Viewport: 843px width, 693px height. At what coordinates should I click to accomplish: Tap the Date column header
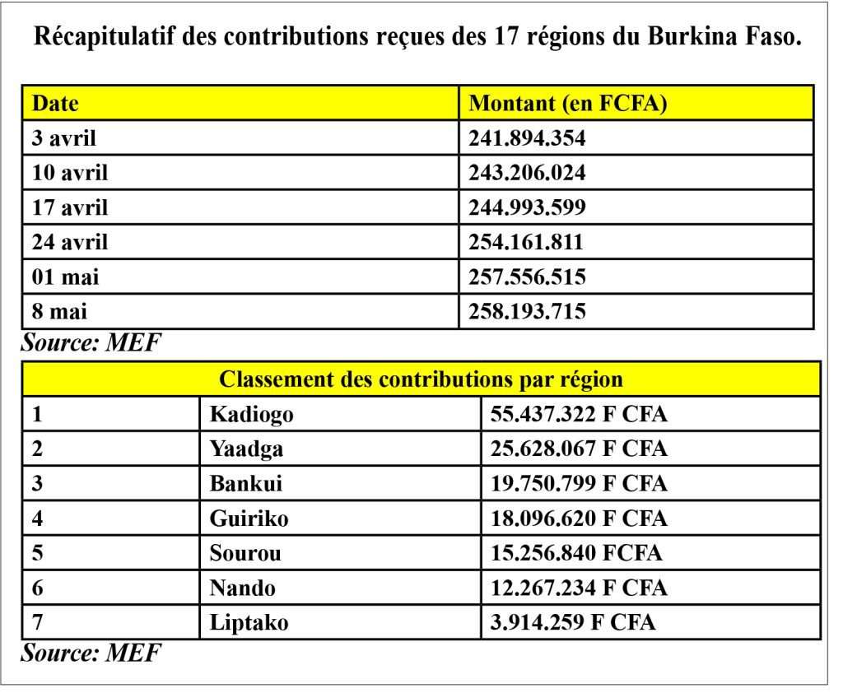tap(55, 103)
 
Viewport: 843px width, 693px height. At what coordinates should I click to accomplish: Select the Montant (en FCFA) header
tap(568, 103)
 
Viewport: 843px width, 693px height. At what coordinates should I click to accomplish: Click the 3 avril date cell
tap(63, 138)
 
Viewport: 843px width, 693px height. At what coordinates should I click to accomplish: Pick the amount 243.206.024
tap(526, 173)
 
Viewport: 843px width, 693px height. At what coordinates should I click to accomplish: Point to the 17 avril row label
tap(69, 207)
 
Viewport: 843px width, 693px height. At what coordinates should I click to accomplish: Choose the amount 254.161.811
tap(526, 242)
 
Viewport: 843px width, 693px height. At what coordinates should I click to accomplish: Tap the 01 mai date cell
tap(65, 277)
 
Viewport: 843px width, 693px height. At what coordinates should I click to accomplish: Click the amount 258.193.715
tap(526, 311)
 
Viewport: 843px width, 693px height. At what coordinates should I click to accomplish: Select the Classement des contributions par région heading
tap(421, 379)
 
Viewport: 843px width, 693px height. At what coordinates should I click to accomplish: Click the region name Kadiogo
tap(252, 415)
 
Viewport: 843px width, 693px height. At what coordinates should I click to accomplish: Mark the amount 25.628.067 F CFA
tap(579, 449)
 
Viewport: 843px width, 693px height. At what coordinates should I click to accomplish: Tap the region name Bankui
tap(245, 483)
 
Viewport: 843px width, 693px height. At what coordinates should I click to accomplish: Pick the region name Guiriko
tap(249, 519)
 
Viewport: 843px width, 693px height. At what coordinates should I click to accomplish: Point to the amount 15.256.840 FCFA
tap(575, 553)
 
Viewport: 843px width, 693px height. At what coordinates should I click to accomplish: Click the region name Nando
tap(243, 588)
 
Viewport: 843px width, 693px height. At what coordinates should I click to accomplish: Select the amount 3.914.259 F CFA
tap(573, 622)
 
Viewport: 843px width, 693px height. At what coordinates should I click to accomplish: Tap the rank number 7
tap(37, 622)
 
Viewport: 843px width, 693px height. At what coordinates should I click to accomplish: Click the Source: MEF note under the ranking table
tap(91, 653)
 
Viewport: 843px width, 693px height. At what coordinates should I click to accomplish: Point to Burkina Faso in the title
tap(724, 36)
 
